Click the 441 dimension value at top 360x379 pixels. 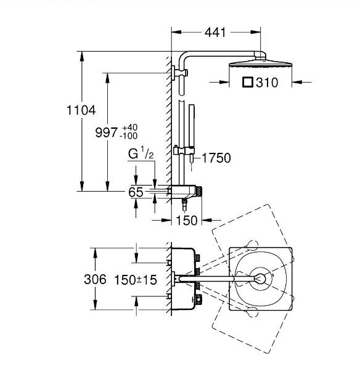[215, 33]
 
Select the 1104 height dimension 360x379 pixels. [81, 110]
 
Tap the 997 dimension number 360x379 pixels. [106, 132]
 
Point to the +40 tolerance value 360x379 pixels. [130, 128]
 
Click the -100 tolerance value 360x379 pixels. [129, 136]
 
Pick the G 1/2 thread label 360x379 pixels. [141, 153]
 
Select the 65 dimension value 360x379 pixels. [136, 192]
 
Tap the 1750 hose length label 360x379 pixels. [216, 158]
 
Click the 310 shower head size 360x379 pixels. [267, 83]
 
